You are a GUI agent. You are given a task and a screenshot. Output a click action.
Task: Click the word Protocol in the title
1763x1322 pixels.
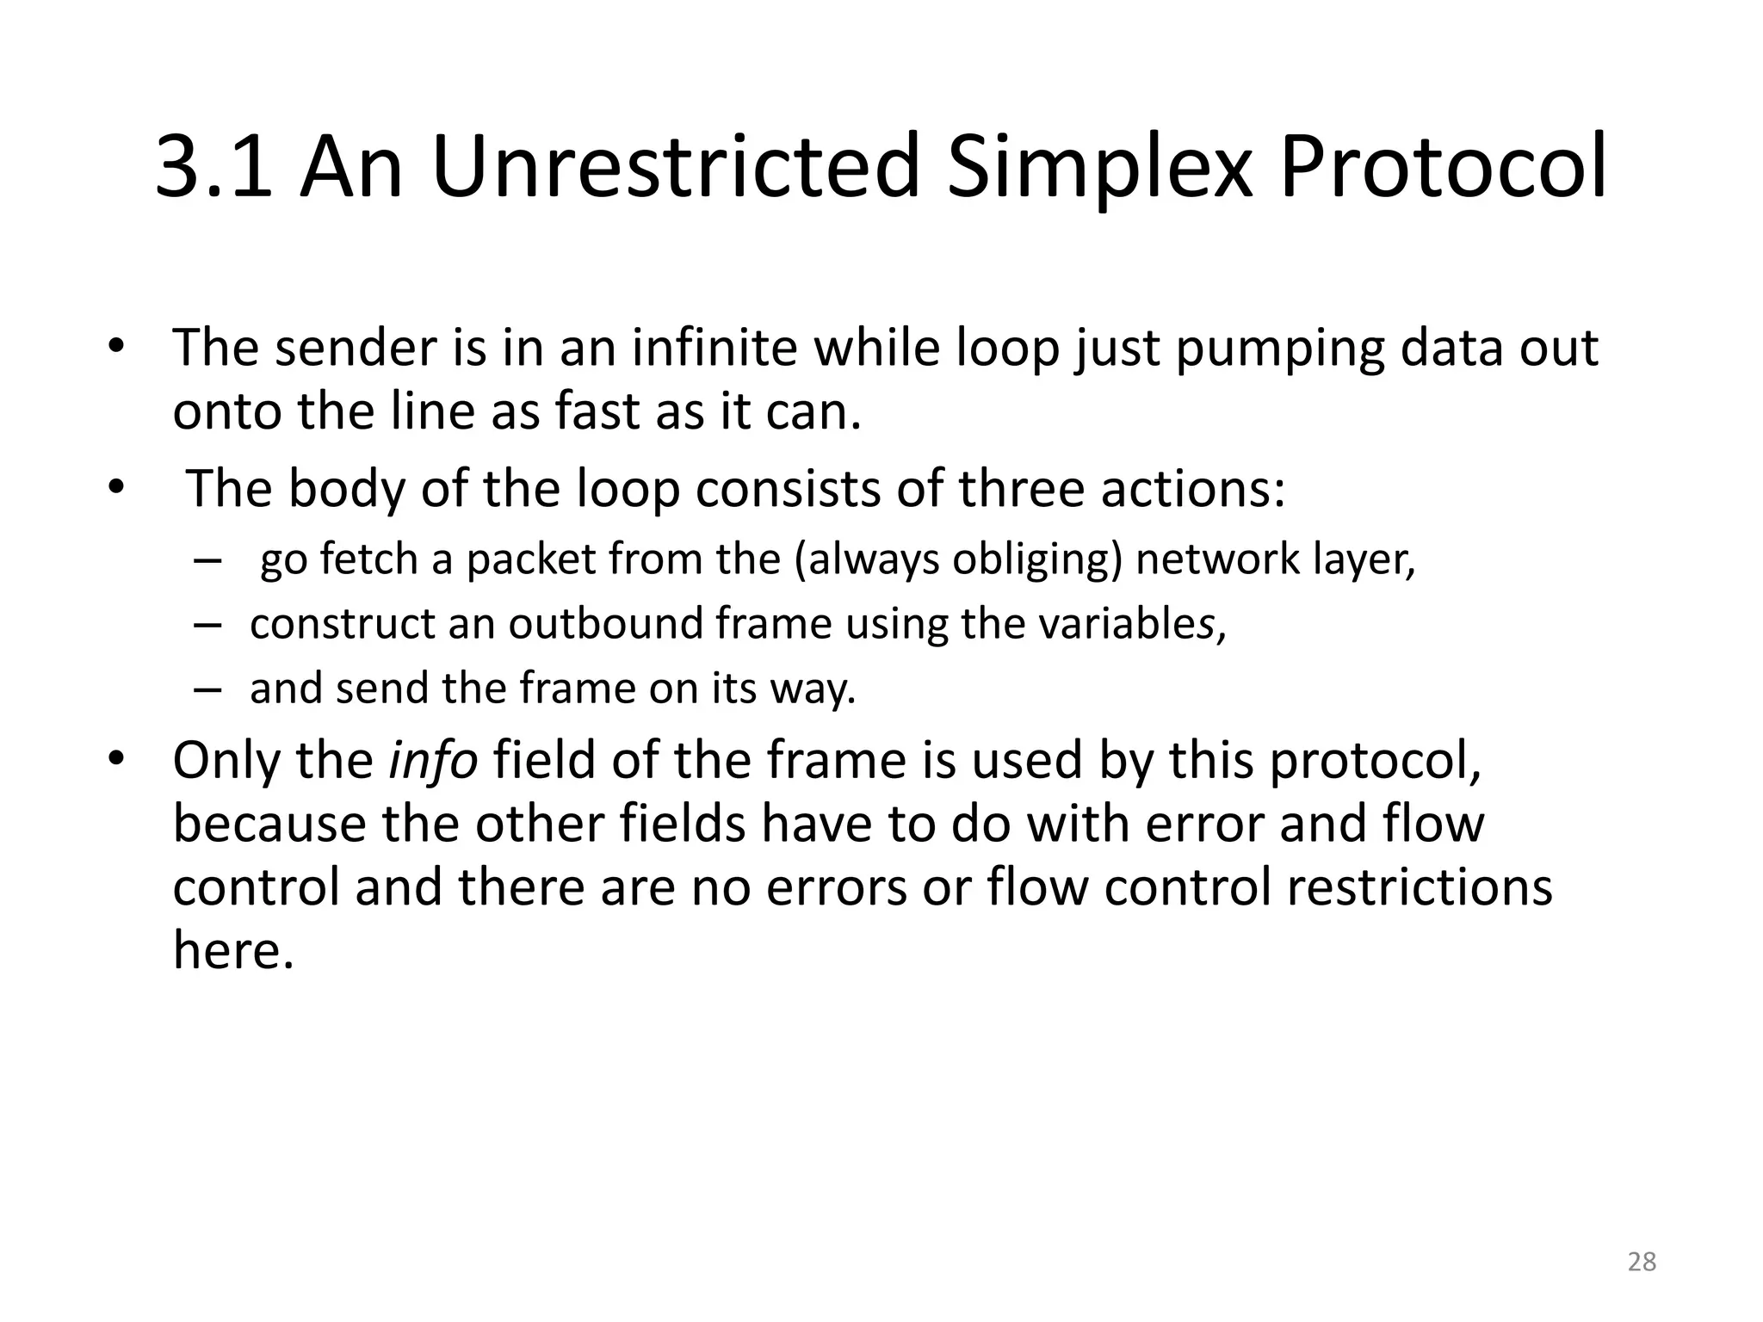point(1443,167)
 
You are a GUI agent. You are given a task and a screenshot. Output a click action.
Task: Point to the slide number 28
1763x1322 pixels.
point(1642,1262)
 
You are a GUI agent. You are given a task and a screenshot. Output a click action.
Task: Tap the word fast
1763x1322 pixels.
point(597,412)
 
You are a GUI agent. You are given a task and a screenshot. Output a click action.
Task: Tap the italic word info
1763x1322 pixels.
point(432,761)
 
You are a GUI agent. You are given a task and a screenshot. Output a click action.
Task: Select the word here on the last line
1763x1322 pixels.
point(233,951)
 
